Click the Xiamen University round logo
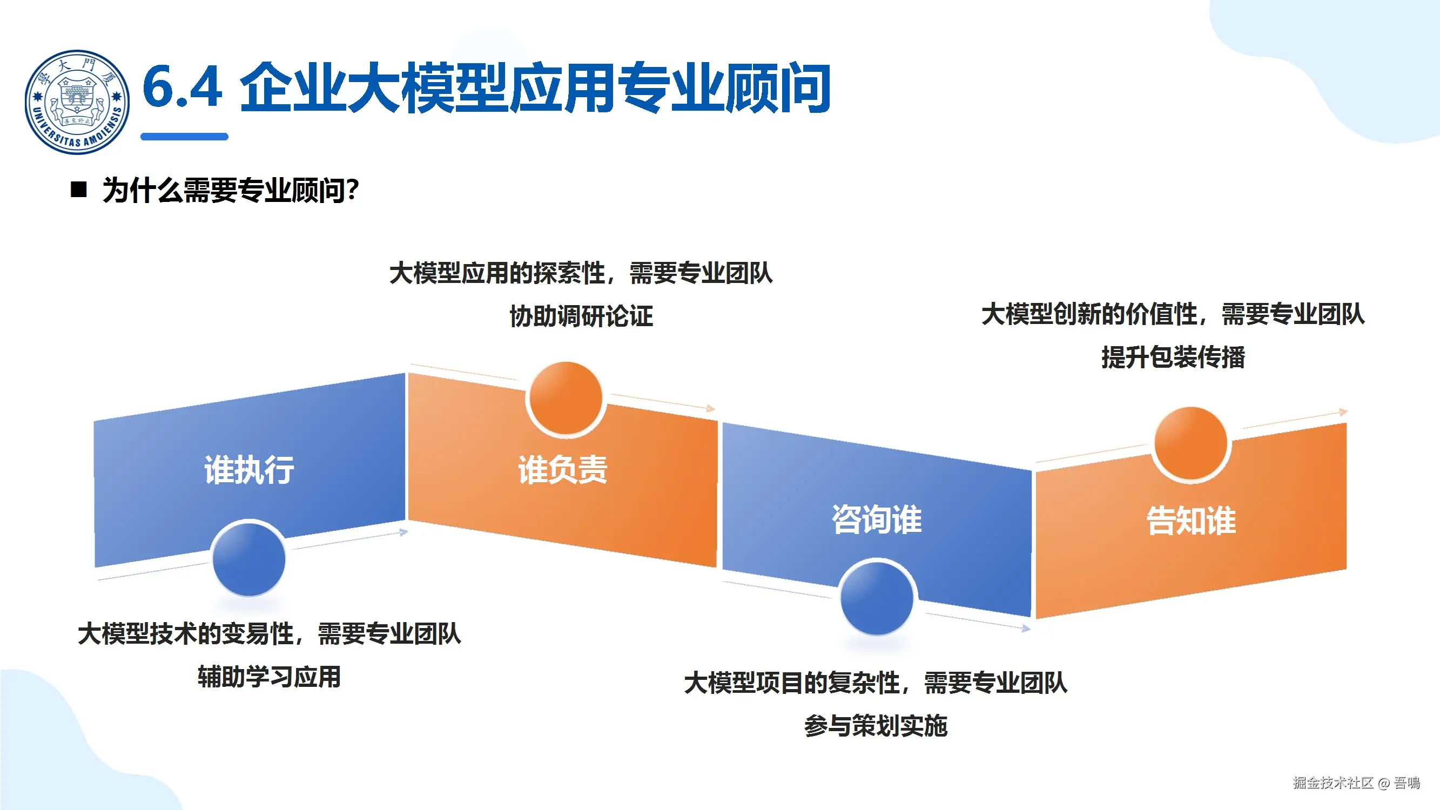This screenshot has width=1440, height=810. click(x=77, y=102)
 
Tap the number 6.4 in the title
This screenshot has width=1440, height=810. click(x=182, y=86)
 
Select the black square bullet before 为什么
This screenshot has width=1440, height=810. click(x=79, y=190)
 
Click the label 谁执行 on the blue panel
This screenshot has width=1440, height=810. click(x=249, y=470)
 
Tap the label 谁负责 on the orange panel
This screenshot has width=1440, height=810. click(x=562, y=470)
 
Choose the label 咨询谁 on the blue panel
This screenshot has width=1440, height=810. click(x=877, y=519)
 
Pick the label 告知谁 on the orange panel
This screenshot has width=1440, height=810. click(x=1191, y=521)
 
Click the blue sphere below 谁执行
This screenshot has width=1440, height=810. click(x=249, y=559)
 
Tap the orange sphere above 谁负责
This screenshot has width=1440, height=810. click(x=565, y=398)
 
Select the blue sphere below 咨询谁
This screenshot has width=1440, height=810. click(x=877, y=598)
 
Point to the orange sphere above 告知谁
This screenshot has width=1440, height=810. click(x=1190, y=443)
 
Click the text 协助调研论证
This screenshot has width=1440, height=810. click(x=581, y=316)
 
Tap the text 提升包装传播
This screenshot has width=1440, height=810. click(x=1173, y=357)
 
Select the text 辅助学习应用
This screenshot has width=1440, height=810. click(x=269, y=677)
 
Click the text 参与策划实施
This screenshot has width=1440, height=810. click(x=876, y=726)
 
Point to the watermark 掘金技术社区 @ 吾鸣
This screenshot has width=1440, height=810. click(x=1356, y=782)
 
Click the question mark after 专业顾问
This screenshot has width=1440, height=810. click(x=352, y=190)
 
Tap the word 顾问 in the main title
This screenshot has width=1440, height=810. click(x=777, y=88)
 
